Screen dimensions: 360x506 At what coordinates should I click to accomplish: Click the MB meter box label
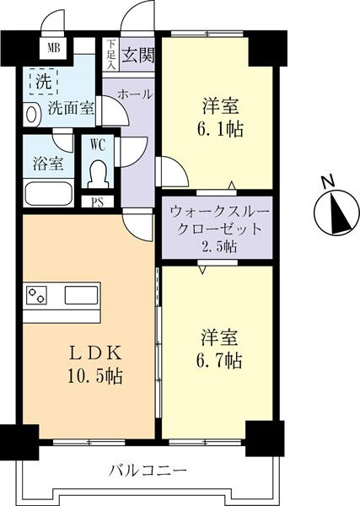(x=54, y=48)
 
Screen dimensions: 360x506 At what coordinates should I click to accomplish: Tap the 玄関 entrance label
(x=137, y=55)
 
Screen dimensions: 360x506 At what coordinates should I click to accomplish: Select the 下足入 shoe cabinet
(x=111, y=54)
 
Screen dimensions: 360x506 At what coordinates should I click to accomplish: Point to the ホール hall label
(x=135, y=94)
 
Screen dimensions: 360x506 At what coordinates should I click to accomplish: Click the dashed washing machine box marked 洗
(x=44, y=81)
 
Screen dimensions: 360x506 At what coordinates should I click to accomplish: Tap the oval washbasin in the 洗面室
(x=31, y=115)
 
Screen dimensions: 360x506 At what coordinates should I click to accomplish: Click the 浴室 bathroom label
(x=48, y=164)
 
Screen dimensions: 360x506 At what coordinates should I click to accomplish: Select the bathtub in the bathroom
(x=49, y=194)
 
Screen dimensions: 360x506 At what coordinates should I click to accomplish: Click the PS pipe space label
(x=97, y=202)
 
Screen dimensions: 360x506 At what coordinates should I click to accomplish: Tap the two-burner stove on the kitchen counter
(x=36, y=295)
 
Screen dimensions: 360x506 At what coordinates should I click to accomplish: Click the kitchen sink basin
(x=81, y=295)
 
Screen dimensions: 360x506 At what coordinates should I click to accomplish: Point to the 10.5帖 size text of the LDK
(x=94, y=376)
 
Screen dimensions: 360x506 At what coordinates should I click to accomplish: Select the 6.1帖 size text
(x=220, y=129)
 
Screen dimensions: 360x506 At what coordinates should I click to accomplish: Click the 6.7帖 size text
(x=219, y=361)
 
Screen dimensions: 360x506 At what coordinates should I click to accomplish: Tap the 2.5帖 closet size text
(x=219, y=247)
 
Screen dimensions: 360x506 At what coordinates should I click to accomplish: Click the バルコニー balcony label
(x=148, y=471)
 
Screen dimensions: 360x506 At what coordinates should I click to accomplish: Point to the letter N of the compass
(x=329, y=182)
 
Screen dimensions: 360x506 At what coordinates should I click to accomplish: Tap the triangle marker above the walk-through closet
(x=232, y=186)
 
